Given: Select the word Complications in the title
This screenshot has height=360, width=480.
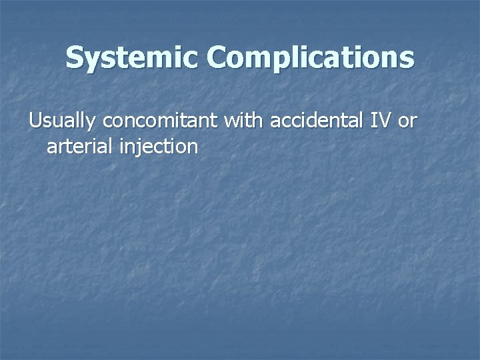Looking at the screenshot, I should (x=310, y=59).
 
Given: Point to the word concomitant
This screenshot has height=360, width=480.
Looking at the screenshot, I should (x=163, y=122).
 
